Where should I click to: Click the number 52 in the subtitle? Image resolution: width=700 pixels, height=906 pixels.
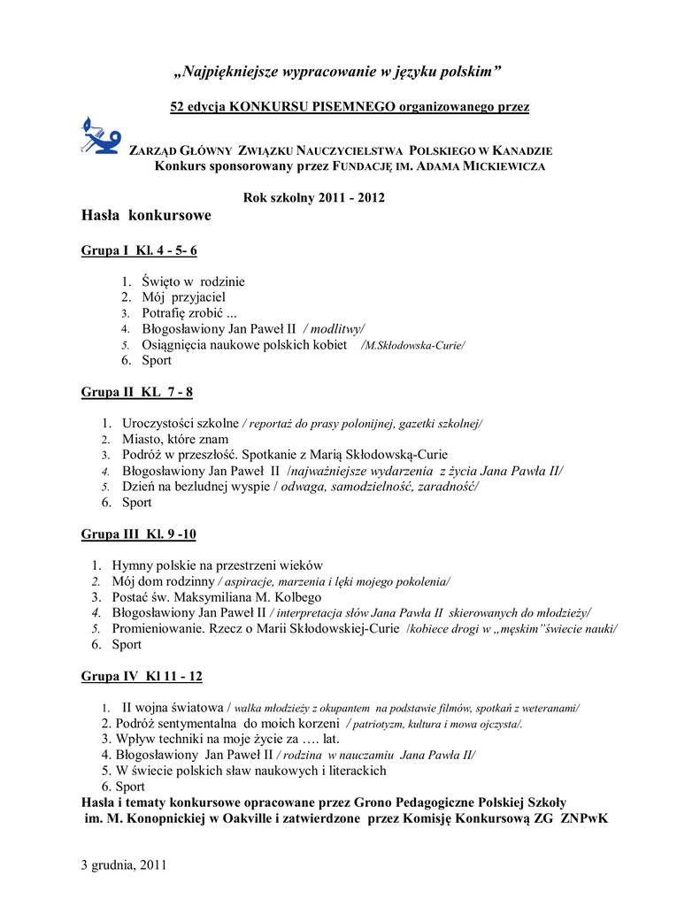click(178, 107)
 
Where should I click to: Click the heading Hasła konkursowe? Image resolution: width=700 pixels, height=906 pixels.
click(146, 216)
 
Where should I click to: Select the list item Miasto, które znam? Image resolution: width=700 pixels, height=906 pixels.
click(175, 439)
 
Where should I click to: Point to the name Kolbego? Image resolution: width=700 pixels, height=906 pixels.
click(296, 597)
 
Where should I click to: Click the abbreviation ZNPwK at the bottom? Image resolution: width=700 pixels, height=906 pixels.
click(583, 818)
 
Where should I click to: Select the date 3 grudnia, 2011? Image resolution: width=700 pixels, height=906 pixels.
click(124, 864)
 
